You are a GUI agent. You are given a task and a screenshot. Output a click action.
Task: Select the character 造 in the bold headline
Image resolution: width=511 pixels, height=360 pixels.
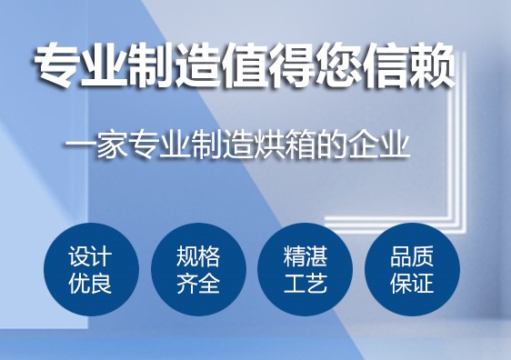[201, 69]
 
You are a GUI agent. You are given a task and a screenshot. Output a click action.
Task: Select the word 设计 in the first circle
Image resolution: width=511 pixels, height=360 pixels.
[91, 256]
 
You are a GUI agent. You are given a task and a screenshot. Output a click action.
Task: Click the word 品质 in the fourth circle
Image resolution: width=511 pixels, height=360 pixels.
[413, 256]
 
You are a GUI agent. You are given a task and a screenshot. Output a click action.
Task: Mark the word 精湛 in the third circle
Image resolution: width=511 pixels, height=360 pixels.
[306, 256]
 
